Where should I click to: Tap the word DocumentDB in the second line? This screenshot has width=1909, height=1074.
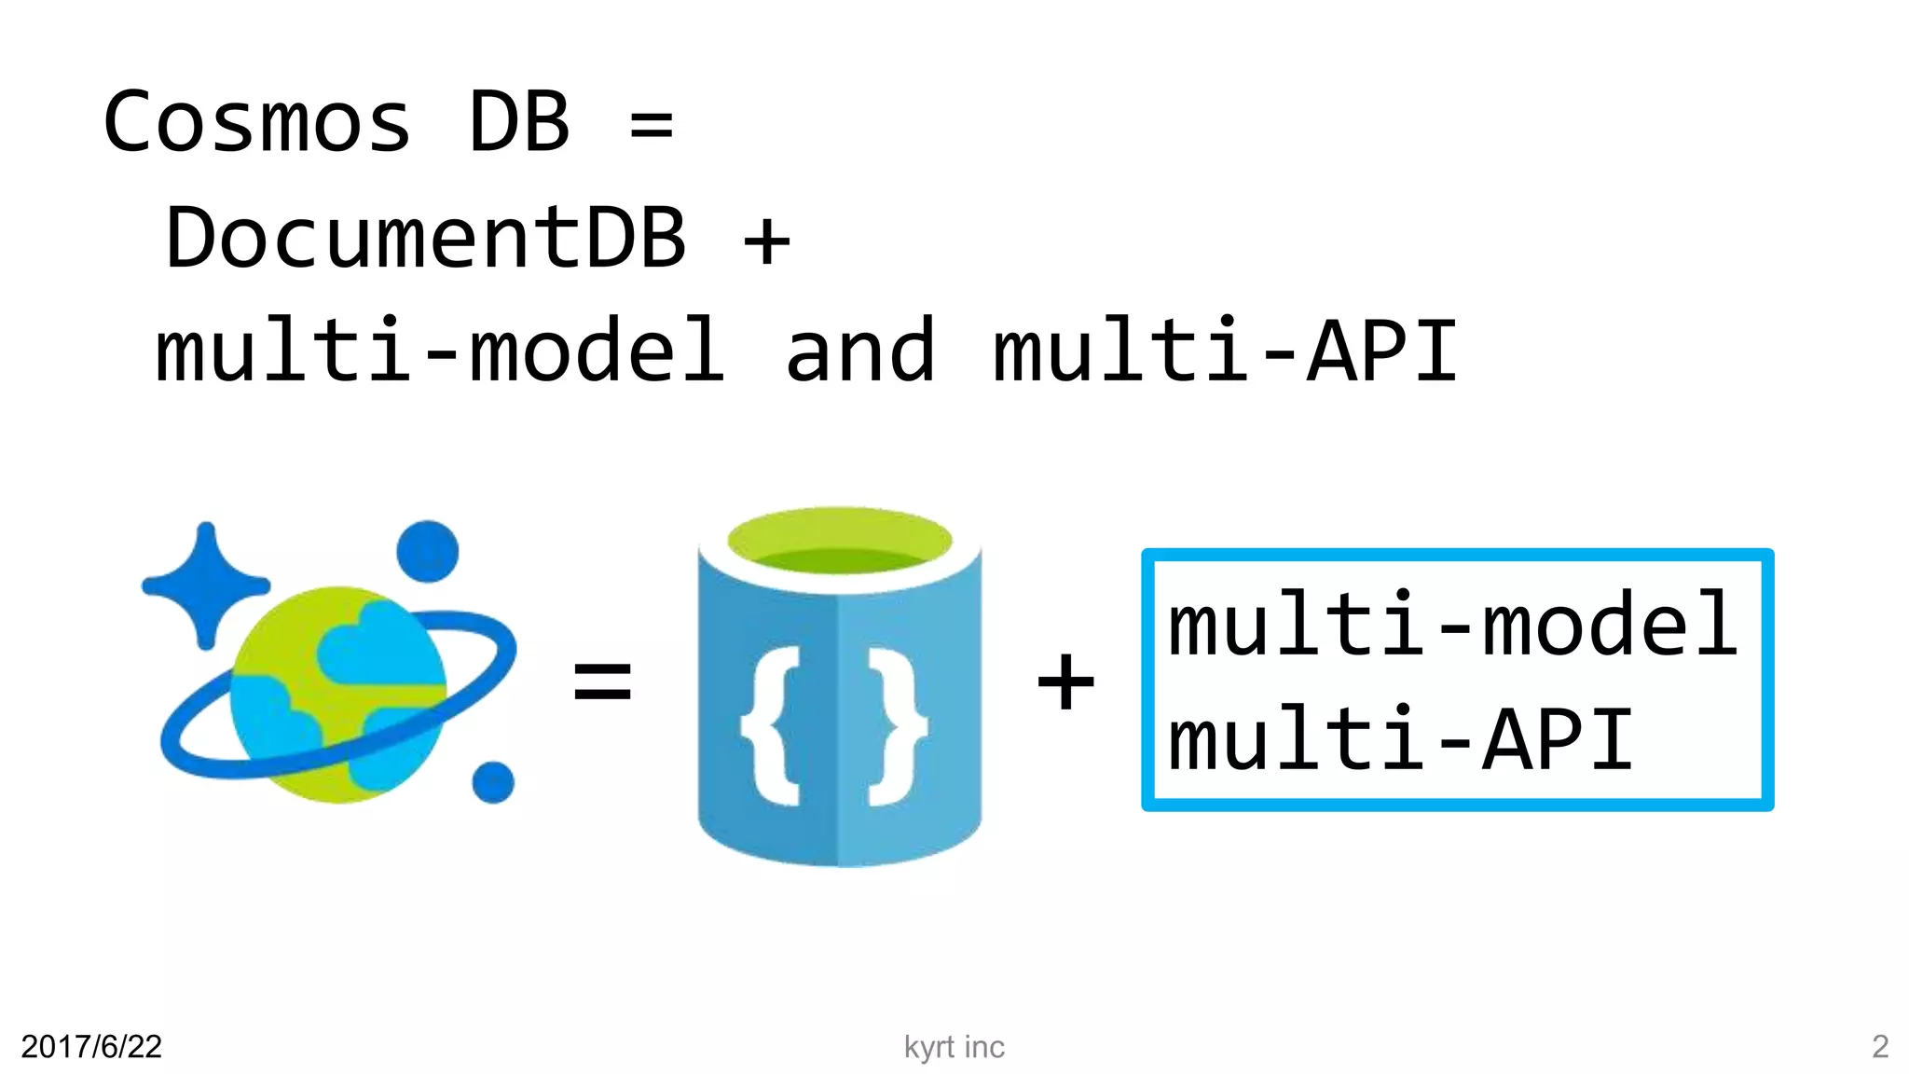point(426,238)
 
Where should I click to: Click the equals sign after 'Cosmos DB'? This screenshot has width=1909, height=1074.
point(652,125)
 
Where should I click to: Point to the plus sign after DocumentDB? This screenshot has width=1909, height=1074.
point(766,241)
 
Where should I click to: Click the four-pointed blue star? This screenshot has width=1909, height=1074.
point(206,585)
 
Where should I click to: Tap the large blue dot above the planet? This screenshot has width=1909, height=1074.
point(428,551)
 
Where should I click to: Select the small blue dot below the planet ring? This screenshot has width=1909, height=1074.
point(493,781)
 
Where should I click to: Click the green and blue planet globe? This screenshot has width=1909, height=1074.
point(337,695)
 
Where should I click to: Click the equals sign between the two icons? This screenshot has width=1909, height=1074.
point(602,680)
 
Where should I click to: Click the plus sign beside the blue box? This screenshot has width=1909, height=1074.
point(1065,681)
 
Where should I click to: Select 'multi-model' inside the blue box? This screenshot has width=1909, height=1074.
point(1452,624)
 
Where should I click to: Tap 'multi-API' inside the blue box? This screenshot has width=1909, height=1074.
point(1400,739)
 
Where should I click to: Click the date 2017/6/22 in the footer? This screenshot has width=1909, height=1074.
point(91,1047)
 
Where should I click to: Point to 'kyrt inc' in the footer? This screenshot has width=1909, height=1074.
point(954,1047)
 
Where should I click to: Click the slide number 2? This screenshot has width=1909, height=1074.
point(1879,1047)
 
